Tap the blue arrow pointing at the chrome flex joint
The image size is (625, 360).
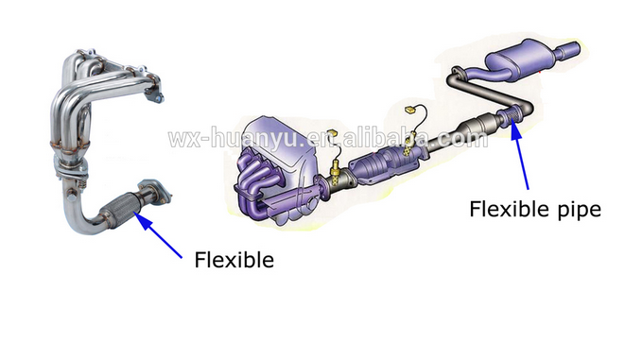[x=161, y=232]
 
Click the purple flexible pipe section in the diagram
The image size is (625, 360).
[x=511, y=118]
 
